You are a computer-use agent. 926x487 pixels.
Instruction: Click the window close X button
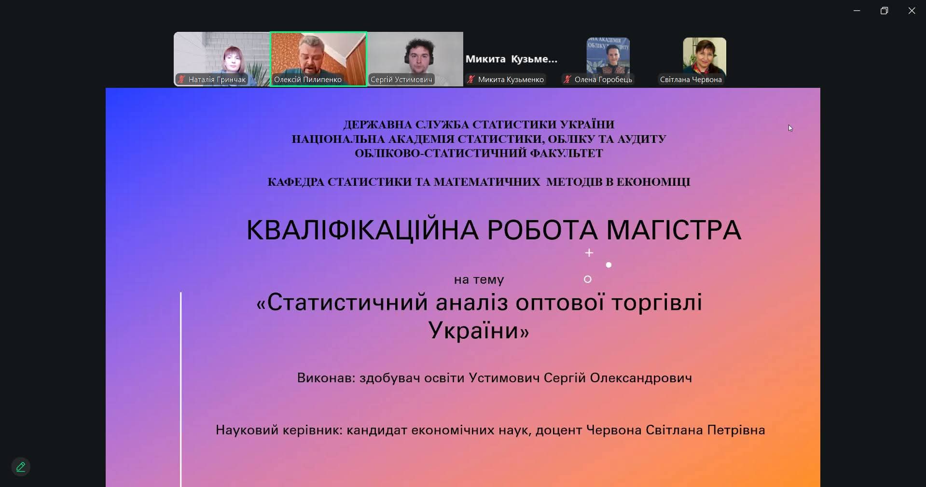click(x=912, y=11)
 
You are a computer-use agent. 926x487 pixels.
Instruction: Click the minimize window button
click(x=857, y=11)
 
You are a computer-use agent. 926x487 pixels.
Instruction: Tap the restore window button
click(x=884, y=11)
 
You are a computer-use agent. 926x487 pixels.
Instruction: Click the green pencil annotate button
click(x=21, y=467)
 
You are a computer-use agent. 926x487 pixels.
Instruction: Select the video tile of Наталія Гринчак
click(x=221, y=59)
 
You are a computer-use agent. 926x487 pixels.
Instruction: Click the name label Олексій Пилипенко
click(x=308, y=80)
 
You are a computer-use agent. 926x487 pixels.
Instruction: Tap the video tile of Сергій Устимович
click(x=415, y=59)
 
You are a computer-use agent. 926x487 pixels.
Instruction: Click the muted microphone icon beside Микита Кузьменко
click(x=471, y=80)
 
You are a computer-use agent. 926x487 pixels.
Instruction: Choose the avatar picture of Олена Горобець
click(x=608, y=56)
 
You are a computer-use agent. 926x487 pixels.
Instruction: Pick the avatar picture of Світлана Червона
click(x=705, y=56)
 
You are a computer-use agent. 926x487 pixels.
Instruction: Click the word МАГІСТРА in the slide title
click(x=674, y=230)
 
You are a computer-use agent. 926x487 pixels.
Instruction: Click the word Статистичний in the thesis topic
click(x=347, y=303)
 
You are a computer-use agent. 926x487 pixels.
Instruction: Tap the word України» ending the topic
click(x=479, y=331)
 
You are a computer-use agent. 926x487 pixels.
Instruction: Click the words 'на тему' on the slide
click(x=479, y=280)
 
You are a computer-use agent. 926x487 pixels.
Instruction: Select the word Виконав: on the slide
click(x=326, y=378)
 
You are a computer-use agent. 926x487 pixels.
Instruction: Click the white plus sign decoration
click(x=589, y=253)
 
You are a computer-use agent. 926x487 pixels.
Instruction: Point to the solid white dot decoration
click(x=608, y=265)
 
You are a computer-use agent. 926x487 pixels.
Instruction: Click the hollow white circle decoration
click(x=588, y=279)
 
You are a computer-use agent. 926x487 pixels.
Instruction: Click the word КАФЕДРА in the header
click(x=296, y=182)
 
